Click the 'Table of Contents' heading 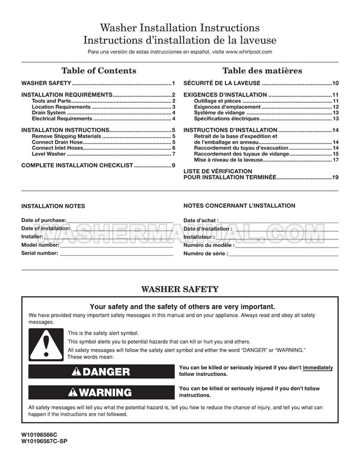click(99, 71)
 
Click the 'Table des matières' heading click(262, 71)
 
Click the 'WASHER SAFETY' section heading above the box click(180, 289)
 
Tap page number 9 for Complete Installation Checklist click(173, 166)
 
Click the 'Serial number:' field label click(39, 253)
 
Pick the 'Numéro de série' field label click(205, 254)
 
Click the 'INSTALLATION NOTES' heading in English click(53, 206)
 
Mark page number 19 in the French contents click(335, 177)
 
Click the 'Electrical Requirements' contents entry click(62, 119)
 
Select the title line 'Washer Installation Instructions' click(180, 28)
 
